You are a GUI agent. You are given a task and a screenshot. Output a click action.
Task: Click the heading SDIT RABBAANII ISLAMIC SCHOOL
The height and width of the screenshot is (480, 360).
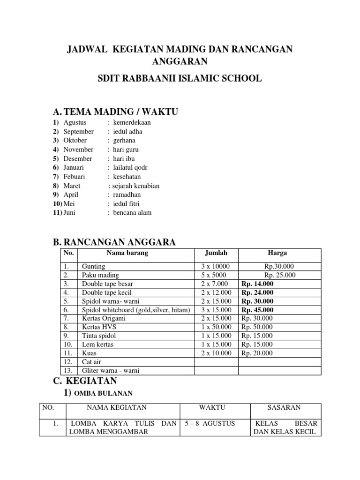(x=180, y=78)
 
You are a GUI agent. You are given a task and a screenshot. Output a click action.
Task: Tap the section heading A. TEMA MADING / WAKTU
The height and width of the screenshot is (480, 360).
(x=116, y=111)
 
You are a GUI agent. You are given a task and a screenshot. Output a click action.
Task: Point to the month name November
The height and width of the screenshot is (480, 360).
(x=78, y=150)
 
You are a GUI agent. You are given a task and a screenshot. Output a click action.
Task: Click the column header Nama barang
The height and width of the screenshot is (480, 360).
(x=127, y=253)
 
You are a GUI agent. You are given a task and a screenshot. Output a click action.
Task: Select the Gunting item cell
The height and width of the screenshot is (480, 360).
(x=93, y=266)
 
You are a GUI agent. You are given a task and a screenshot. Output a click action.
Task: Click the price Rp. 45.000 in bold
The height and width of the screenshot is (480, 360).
(x=257, y=310)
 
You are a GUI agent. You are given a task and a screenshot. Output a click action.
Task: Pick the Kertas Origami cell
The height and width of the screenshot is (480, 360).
(x=104, y=318)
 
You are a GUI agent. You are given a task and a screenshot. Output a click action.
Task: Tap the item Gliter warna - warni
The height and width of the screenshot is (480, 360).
(x=111, y=370)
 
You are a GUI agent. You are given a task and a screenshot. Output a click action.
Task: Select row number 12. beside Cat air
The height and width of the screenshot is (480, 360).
(x=67, y=362)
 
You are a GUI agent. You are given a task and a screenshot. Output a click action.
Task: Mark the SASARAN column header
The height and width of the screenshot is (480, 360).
(x=284, y=407)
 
